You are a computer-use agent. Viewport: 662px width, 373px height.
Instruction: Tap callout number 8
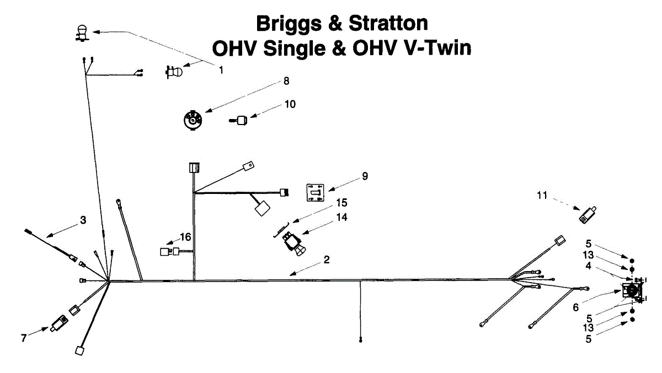[286, 81]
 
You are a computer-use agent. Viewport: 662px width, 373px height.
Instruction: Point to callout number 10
[290, 104]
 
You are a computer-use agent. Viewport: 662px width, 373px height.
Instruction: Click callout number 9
[365, 176]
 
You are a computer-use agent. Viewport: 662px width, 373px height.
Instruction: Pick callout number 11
[542, 194]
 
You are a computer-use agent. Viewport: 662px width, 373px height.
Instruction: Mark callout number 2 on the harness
[327, 260]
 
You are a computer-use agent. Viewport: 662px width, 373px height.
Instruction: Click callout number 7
[24, 338]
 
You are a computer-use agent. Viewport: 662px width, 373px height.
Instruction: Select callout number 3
[83, 220]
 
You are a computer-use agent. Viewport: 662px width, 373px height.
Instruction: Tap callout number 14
[341, 218]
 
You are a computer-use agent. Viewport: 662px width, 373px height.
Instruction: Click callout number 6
[575, 307]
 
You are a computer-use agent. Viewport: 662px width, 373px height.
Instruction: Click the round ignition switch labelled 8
[192, 120]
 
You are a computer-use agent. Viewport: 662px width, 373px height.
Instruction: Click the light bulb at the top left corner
[82, 32]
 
